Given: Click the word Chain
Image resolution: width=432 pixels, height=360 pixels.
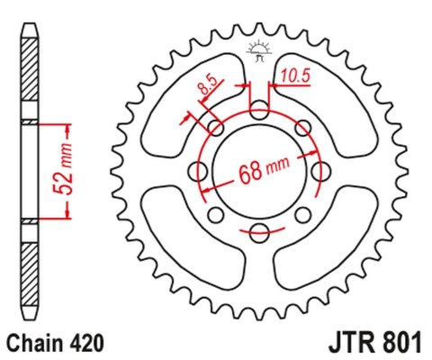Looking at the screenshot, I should [34, 343].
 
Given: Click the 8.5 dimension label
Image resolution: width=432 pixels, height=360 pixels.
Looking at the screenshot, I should [206, 90].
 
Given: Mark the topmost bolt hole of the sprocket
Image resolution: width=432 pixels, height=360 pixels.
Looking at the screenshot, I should [259, 110].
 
